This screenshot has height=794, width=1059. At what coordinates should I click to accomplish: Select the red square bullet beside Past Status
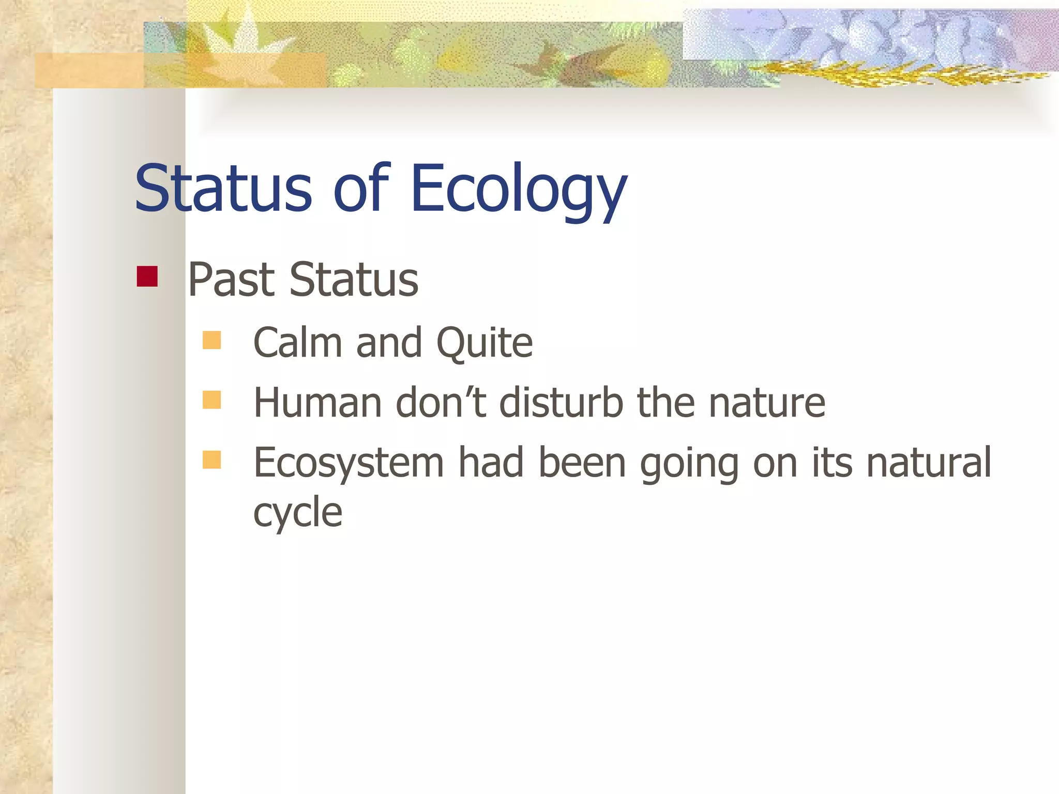coord(147,277)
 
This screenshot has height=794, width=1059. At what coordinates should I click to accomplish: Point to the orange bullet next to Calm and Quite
coord(211,341)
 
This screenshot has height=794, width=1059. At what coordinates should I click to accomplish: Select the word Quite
coord(485,343)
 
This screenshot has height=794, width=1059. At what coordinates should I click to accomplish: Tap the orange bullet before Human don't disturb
coord(211,400)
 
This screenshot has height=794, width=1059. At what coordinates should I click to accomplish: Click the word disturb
coord(561,402)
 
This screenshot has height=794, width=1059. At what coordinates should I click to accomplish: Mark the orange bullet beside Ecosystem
coord(211,460)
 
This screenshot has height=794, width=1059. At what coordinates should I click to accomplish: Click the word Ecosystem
coord(349,463)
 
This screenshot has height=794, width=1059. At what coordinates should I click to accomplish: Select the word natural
coord(929,462)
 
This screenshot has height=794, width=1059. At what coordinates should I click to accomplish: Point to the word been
coord(582,462)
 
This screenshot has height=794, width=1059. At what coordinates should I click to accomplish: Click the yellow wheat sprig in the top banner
coord(879,74)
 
